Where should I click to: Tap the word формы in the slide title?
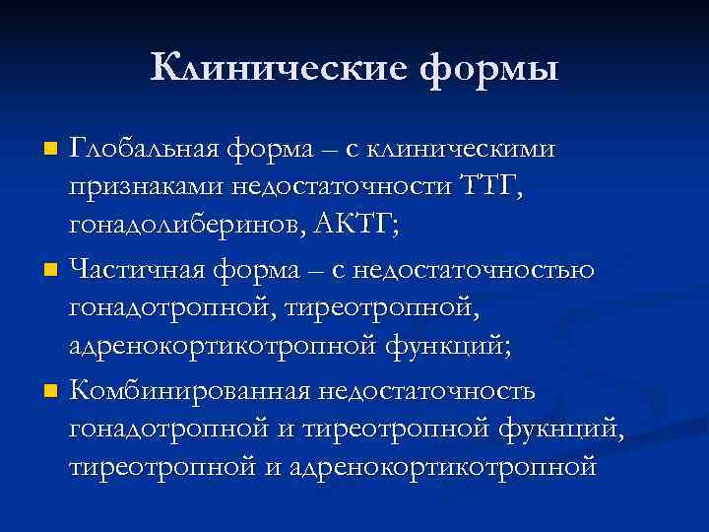488,69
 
